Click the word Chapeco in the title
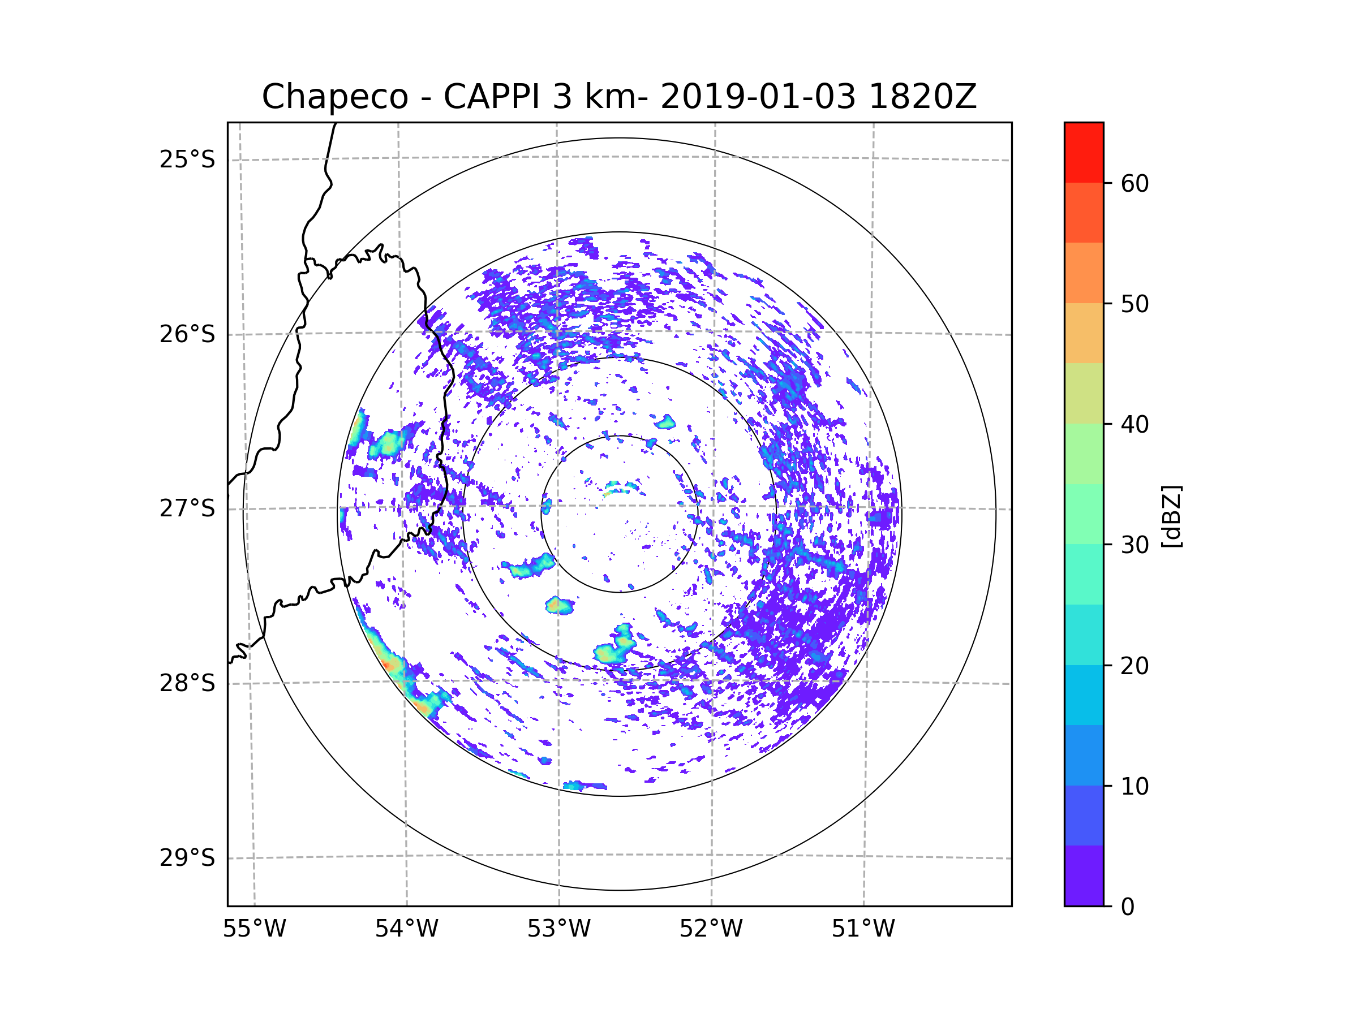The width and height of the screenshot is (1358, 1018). click(x=334, y=97)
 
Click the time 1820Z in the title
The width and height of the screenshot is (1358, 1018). click(x=922, y=97)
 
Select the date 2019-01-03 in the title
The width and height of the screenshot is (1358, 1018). click(x=758, y=97)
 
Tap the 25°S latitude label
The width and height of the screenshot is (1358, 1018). click(x=187, y=159)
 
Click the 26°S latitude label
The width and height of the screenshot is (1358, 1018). click(x=187, y=334)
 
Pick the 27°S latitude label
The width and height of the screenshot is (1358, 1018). click(x=187, y=508)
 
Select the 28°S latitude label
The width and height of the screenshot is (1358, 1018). click(x=187, y=683)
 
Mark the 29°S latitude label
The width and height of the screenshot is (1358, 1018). click(x=187, y=858)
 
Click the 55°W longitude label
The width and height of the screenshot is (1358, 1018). click(x=254, y=929)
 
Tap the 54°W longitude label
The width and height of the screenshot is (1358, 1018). click(x=406, y=929)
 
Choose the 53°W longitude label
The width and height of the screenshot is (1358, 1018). click(x=558, y=929)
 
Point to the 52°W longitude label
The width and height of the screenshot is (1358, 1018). click(x=711, y=929)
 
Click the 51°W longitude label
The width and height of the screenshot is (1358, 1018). click(x=863, y=929)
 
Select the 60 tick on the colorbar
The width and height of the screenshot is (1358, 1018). click(x=1134, y=183)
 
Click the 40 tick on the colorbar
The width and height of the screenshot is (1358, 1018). click(x=1134, y=424)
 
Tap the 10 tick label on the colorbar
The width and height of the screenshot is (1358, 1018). click(x=1134, y=786)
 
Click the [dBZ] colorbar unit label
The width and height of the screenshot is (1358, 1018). click(x=1171, y=516)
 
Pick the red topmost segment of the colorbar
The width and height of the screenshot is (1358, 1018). click(x=1084, y=152)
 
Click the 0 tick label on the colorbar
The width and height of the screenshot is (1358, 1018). click(x=1128, y=907)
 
